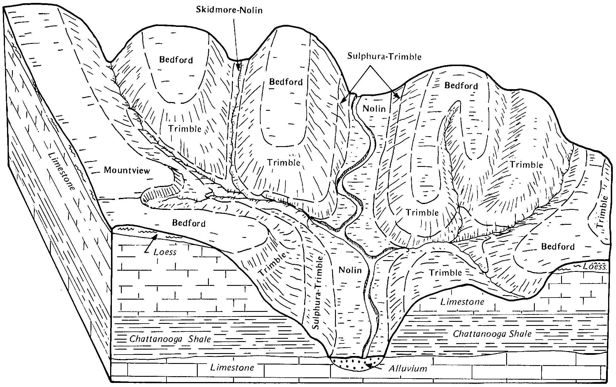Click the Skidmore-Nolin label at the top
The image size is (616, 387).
(x=229, y=10)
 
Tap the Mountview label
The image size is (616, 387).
(x=127, y=170)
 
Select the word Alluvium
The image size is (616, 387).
(x=408, y=369)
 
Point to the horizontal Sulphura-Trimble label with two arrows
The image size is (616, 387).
(x=384, y=56)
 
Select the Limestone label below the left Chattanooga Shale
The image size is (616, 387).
(x=232, y=367)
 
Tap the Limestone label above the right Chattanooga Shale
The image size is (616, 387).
(x=462, y=302)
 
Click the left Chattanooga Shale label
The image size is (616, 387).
(x=170, y=339)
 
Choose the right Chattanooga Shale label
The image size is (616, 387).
(x=492, y=334)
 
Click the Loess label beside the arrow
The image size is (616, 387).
(x=165, y=252)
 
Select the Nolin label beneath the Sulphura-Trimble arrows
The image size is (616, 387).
(x=374, y=109)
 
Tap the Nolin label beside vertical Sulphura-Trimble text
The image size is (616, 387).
(x=350, y=270)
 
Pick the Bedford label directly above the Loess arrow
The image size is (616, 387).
(x=189, y=223)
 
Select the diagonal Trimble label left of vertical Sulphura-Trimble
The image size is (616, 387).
(x=272, y=264)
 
